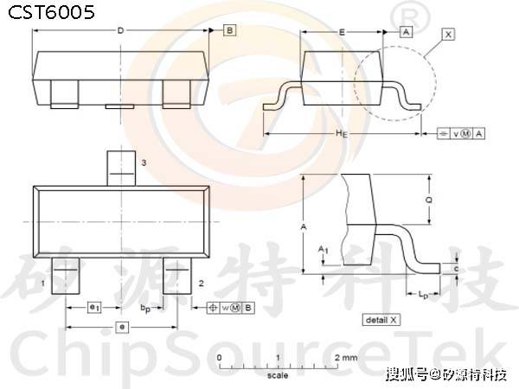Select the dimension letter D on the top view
pos(120,31)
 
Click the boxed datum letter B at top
pos(229,31)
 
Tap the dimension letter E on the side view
pos(343,31)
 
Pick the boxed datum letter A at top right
pos(405,31)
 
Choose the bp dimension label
pos(147,308)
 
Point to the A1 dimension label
pos(324,250)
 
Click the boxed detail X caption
pos(381,320)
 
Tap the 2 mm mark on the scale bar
pos(343,356)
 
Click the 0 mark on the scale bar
pos(220,356)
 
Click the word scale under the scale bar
pos(277,376)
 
